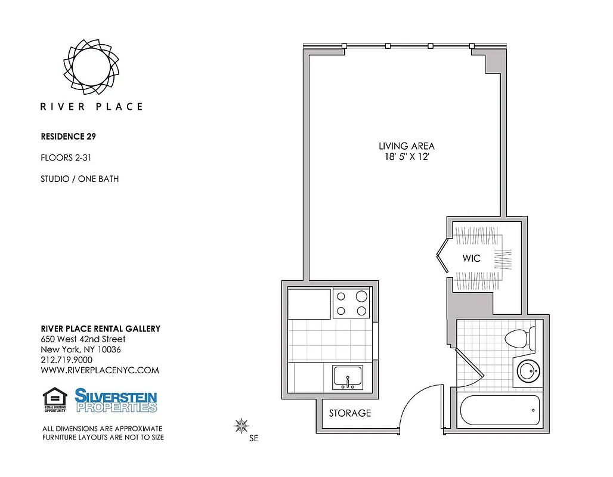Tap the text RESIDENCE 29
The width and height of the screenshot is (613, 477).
click(69, 136)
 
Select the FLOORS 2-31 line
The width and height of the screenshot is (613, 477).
click(66, 157)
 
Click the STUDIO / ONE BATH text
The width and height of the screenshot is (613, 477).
click(79, 178)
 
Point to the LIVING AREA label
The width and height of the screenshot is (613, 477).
click(406, 145)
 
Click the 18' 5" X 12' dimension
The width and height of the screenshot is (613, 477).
click(406, 157)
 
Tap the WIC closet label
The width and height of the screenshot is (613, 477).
click(471, 258)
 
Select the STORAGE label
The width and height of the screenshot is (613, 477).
click(350, 413)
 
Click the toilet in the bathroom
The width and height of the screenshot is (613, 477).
click(519, 339)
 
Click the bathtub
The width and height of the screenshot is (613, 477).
click(500, 410)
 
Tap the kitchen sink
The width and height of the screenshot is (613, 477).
click(348, 377)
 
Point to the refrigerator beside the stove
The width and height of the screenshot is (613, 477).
click(309, 303)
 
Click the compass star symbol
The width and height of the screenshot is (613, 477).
click(242, 425)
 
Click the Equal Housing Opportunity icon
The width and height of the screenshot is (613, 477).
click(54, 400)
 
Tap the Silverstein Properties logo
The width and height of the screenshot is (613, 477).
click(116, 400)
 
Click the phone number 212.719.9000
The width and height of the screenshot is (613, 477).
click(66, 360)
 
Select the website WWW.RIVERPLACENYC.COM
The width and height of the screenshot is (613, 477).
click(100, 370)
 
